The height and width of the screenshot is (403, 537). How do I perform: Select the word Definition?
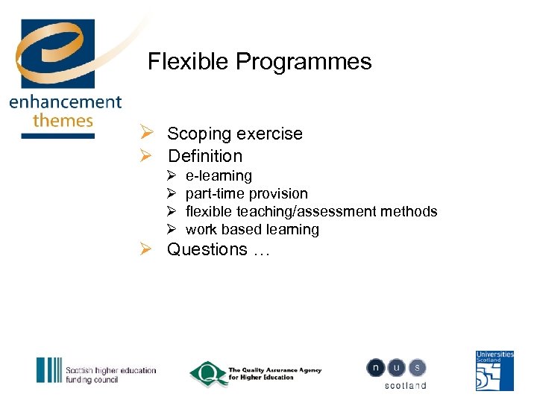[x=205, y=156]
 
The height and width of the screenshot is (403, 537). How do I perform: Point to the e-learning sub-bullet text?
[x=219, y=176]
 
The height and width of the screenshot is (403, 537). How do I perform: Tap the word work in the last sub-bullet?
[x=201, y=230]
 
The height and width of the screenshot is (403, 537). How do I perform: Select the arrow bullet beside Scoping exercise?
[x=146, y=134]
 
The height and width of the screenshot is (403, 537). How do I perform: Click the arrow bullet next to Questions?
[x=146, y=249]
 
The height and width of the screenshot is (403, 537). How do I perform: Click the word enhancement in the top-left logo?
[x=65, y=102]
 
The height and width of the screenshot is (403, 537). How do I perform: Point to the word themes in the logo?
[x=63, y=119]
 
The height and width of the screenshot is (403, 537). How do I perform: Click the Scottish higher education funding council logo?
[x=96, y=371]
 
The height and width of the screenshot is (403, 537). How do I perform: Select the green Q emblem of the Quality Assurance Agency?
[x=207, y=372]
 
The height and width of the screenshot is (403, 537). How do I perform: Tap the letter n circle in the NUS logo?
[x=375, y=367]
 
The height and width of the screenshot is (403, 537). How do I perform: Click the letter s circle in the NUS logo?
[x=417, y=367]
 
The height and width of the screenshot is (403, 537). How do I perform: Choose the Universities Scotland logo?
[x=494, y=370]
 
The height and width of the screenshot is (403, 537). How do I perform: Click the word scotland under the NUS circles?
[x=405, y=385]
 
